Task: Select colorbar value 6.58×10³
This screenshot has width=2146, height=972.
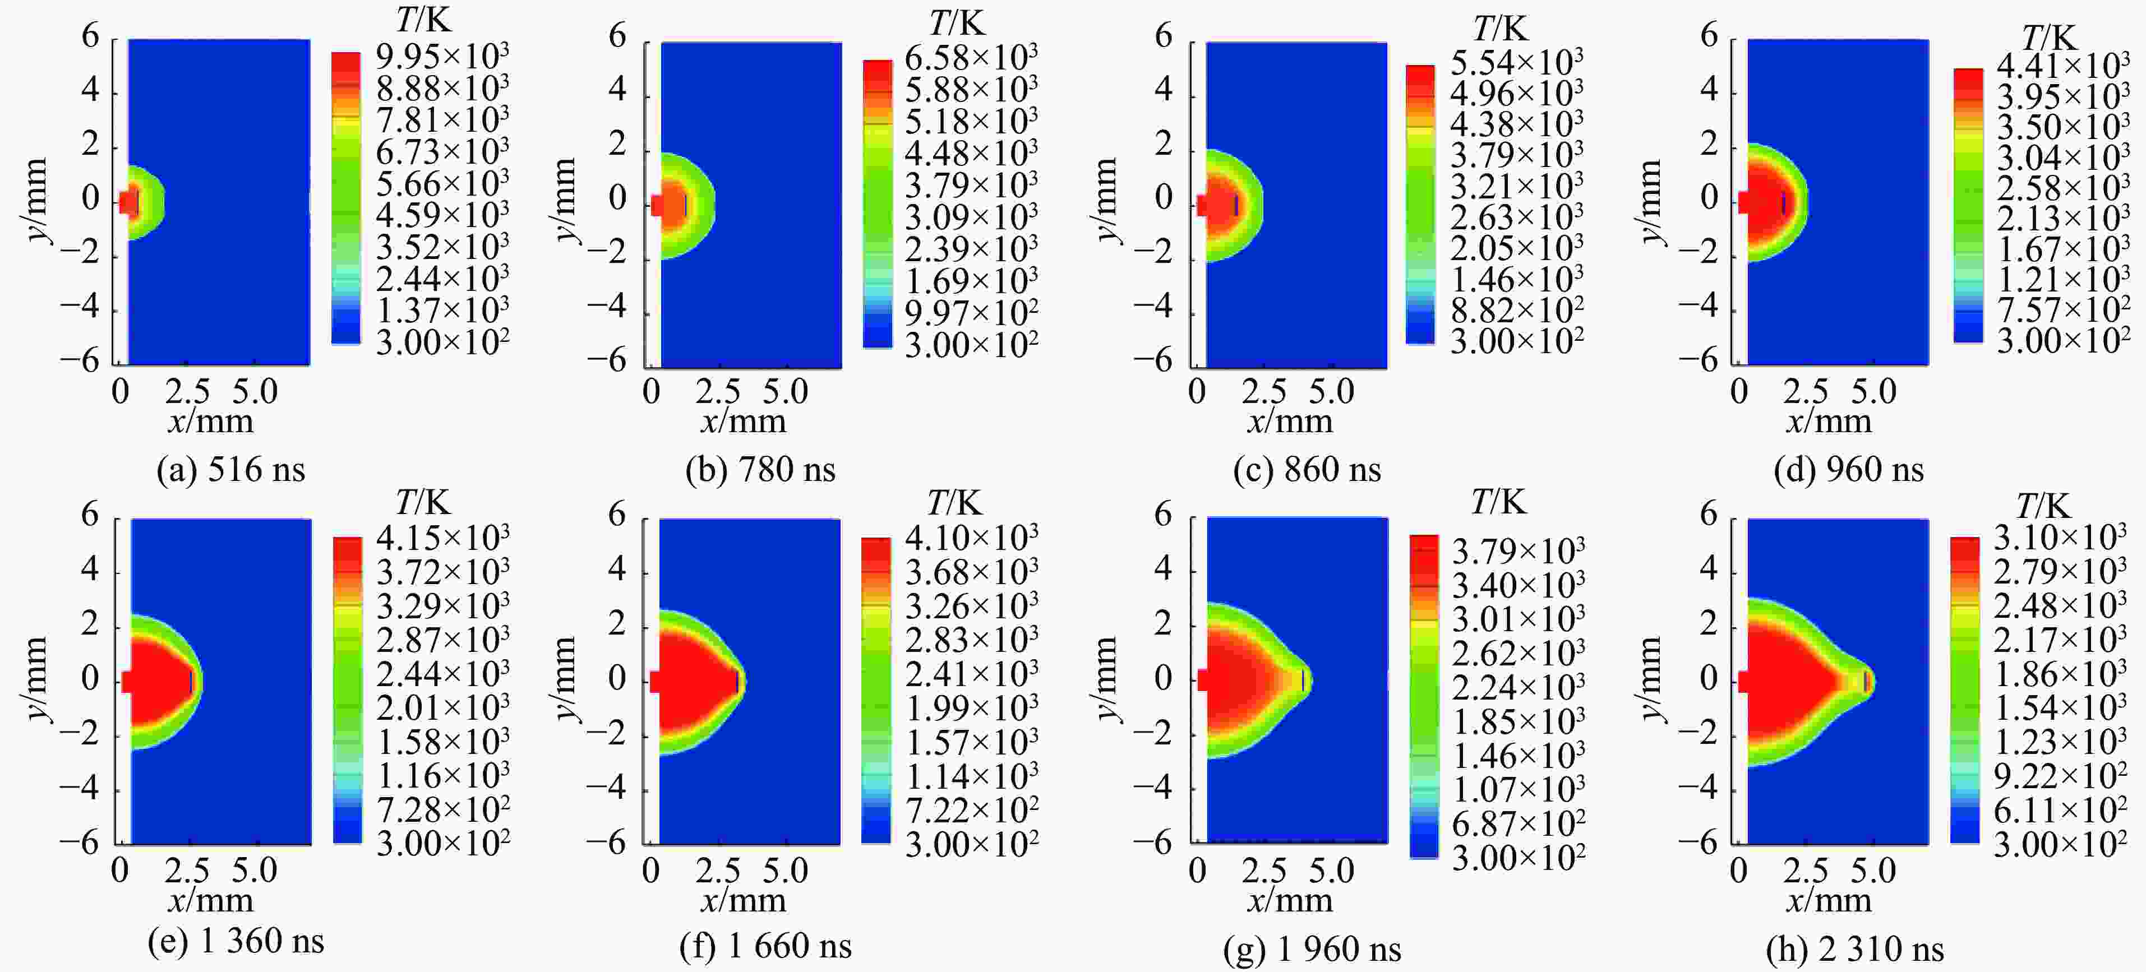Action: click(971, 58)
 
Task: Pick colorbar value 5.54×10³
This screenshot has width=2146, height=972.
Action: click(1516, 62)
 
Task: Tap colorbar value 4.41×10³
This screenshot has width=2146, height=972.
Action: click(2062, 66)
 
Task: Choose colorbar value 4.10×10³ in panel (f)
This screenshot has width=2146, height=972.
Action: click(971, 538)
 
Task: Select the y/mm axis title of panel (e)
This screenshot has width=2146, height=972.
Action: click(35, 679)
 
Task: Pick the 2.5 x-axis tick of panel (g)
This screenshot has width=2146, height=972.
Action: click(1264, 871)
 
